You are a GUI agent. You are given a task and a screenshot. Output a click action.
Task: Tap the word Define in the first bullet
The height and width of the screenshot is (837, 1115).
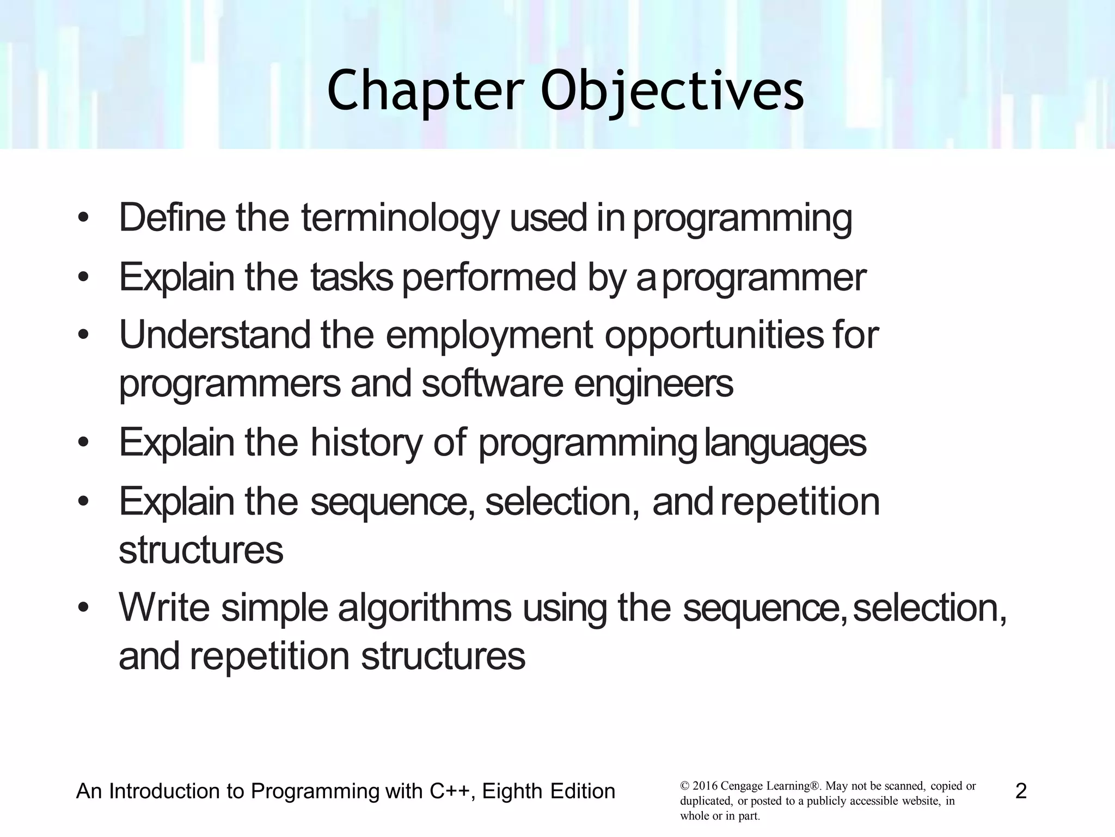pos(172,217)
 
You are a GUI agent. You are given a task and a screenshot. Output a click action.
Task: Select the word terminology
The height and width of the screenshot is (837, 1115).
pos(400,219)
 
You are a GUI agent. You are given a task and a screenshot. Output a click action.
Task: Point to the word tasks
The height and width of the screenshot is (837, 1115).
pos(352,277)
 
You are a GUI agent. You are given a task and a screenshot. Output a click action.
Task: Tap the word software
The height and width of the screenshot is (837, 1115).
pos(492,384)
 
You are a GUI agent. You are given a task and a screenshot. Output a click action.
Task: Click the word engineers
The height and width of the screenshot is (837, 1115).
pos(653,385)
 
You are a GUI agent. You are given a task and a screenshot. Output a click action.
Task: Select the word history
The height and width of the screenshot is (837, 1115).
pos(366,442)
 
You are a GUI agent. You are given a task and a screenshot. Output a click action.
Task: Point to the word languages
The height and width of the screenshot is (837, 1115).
pos(785,444)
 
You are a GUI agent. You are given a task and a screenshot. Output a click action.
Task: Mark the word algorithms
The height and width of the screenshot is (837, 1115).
pos(425,608)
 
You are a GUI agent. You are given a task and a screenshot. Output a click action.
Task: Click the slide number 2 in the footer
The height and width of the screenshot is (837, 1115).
pos(1021,791)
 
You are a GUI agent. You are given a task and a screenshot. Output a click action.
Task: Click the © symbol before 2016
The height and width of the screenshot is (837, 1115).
pos(685,786)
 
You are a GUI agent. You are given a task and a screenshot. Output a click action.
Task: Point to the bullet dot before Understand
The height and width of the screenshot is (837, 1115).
pos(83,336)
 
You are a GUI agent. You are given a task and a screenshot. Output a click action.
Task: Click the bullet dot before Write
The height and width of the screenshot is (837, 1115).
pos(83,608)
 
